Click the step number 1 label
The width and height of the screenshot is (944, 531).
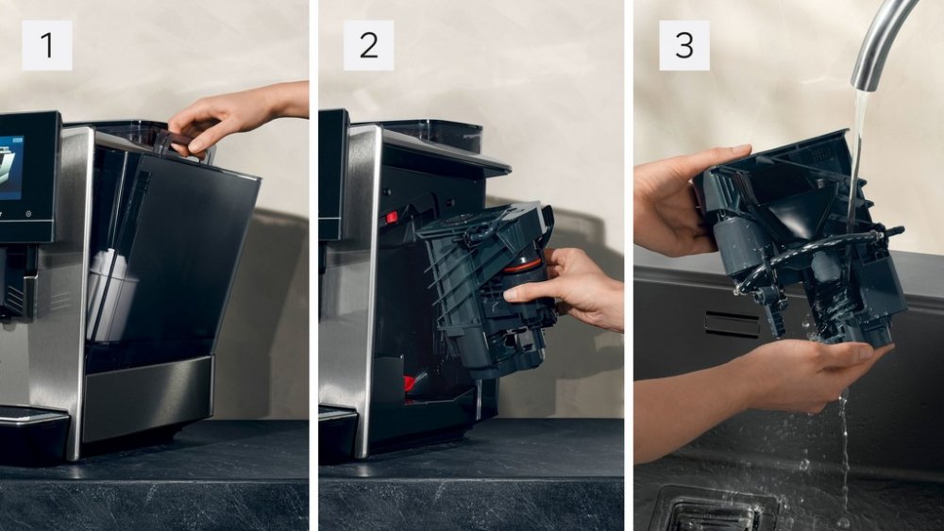pyautogui.click(x=47, y=45)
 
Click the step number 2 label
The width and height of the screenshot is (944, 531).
pyautogui.click(x=368, y=45)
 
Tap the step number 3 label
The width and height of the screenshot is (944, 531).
pyautogui.click(x=683, y=45)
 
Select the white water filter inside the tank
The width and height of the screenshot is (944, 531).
pyautogui.click(x=108, y=294)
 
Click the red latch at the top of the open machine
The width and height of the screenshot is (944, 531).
pyautogui.click(x=392, y=217)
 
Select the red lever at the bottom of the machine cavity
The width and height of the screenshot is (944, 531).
pyautogui.click(x=410, y=382)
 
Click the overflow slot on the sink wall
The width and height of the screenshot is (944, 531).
pyautogui.click(x=733, y=324)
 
